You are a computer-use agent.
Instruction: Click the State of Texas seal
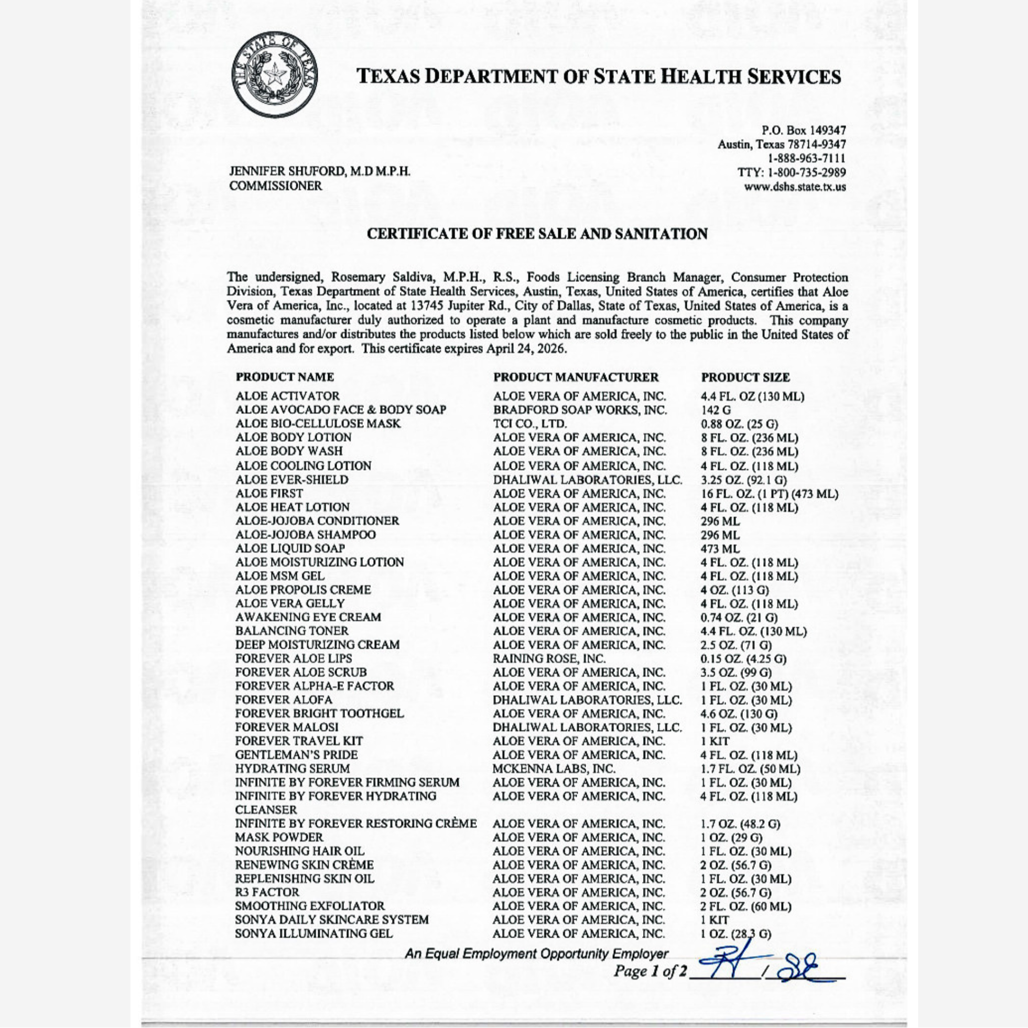(x=275, y=75)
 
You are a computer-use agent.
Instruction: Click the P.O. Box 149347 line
(x=804, y=131)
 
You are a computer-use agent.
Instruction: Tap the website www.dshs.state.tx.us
(x=795, y=187)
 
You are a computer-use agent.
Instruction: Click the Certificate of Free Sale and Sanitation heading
(x=537, y=234)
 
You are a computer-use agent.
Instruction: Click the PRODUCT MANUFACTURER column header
(x=576, y=377)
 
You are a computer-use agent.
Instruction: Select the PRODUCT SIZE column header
(x=745, y=377)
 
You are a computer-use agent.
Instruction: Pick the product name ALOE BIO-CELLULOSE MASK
(x=318, y=424)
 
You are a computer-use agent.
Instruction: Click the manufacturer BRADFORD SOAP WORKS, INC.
(x=579, y=410)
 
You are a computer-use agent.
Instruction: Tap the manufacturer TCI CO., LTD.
(x=529, y=424)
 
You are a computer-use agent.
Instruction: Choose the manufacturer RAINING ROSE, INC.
(x=549, y=659)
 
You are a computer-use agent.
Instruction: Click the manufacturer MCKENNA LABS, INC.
(x=554, y=769)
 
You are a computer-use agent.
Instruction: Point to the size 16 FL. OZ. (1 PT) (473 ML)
(x=770, y=494)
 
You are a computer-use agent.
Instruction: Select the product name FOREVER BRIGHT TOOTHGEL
(x=319, y=713)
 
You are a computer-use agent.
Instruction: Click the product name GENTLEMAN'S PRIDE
(x=296, y=755)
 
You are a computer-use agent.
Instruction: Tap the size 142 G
(x=716, y=410)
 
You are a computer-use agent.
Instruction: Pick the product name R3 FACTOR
(x=267, y=892)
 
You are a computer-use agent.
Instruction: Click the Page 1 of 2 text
(x=646, y=971)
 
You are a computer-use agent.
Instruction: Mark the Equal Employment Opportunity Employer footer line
(x=536, y=954)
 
